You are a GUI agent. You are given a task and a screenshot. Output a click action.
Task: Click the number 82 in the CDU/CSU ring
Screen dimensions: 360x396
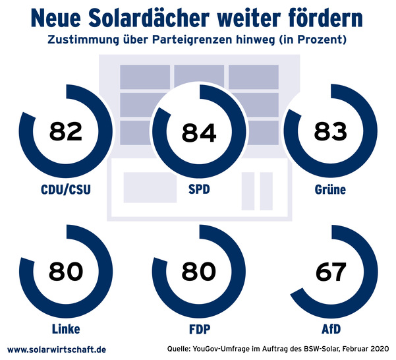(65, 131)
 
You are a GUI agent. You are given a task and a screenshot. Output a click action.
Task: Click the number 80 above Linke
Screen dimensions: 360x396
(65, 271)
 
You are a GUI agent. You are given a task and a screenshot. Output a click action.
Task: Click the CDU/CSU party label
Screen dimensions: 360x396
(65, 191)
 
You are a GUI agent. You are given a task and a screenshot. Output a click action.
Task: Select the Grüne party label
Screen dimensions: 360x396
(330, 191)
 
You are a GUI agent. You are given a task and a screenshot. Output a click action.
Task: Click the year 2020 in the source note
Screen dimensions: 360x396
(378, 348)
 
